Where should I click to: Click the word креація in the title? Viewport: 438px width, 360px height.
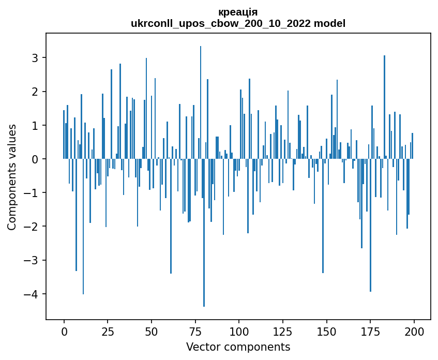(x=238, y=12)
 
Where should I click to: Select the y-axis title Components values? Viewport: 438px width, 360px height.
(x=12, y=177)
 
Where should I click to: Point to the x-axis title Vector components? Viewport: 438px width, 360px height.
(x=238, y=347)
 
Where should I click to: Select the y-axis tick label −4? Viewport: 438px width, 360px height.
(x=32, y=294)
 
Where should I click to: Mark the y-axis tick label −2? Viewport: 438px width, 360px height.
(x=32, y=227)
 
